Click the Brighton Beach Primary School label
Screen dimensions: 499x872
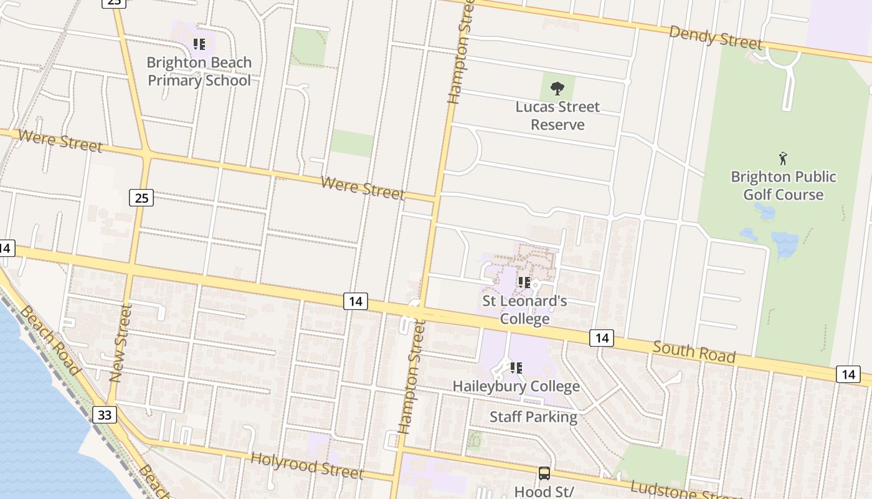tap(199, 71)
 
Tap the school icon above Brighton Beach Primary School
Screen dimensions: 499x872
tap(199, 44)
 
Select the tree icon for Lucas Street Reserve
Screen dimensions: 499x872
tap(557, 88)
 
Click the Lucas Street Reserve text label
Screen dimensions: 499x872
tap(557, 115)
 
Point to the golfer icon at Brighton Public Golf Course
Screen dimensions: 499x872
tap(783, 158)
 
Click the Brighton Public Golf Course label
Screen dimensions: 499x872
tap(783, 185)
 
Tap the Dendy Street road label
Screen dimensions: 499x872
tap(715, 37)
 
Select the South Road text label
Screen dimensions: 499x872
tap(694, 352)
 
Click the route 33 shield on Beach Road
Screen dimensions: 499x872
tap(105, 414)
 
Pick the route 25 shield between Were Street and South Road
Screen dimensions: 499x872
tap(141, 198)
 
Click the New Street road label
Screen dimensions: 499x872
tap(121, 343)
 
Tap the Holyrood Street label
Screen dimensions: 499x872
tap(306, 466)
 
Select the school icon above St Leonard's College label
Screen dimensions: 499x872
tap(524, 283)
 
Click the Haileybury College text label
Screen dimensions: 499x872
tap(516, 386)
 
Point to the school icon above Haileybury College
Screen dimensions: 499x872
tap(516, 367)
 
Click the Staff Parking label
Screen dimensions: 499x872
tap(533, 417)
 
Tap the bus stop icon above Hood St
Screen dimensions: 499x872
tap(544, 473)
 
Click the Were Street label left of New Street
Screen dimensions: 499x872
tap(60, 141)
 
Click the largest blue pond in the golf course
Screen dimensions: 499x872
tap(784, 243)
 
